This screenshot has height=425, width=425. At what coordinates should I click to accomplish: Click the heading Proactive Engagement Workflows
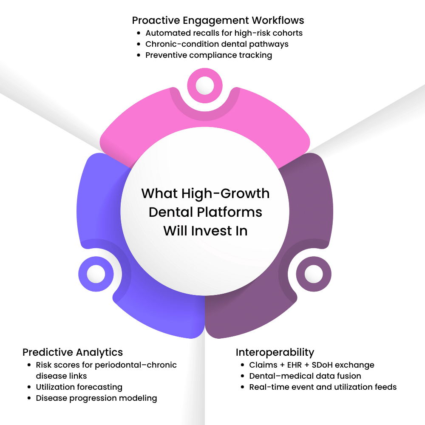point(218,20)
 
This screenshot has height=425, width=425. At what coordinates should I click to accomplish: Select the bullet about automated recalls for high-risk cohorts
point(224,33)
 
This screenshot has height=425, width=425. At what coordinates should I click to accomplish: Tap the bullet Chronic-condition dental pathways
point(217,44)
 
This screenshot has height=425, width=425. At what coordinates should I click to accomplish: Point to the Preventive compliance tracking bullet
point(209,55)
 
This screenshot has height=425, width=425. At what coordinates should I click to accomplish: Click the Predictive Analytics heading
point(73,352)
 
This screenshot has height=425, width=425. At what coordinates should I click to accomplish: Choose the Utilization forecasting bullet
point(79,387)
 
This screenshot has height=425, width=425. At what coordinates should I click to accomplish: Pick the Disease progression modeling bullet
point(96,398)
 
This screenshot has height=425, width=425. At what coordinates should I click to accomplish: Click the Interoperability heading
point(275,352)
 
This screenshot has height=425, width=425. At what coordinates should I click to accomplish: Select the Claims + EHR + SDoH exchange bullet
point(312,365)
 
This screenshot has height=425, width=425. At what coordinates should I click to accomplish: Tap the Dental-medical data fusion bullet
point(305,376)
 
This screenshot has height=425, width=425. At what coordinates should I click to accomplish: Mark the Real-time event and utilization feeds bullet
point(323,387)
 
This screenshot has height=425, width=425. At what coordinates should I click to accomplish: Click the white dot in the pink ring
point(205,85)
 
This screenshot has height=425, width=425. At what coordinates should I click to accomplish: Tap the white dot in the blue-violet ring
point(96,274)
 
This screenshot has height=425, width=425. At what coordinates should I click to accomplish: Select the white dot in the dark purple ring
point(314,272)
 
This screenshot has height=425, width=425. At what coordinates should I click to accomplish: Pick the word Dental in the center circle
point(168,212)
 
